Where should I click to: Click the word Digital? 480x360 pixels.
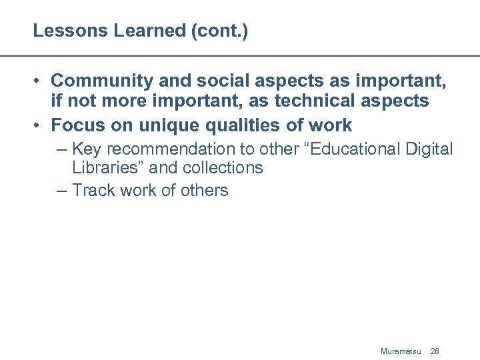[x=429, y=149]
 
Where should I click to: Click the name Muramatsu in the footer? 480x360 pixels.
[x=401, y=351]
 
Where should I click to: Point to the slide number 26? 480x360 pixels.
[x=435, y=351]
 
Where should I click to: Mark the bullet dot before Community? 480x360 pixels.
[x=39, y=81]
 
